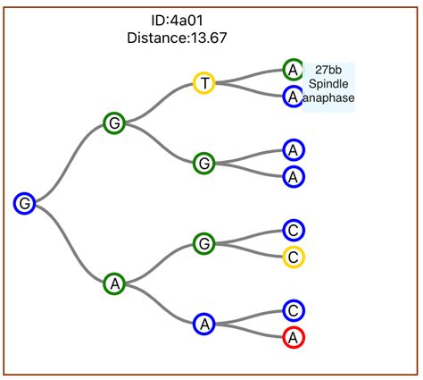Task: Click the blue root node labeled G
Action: pos(25,204)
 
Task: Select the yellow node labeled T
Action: pos(204,83)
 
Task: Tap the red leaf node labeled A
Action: pos(294,337)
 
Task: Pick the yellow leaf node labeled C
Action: pos(294,257)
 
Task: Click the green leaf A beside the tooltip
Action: pos(293,70)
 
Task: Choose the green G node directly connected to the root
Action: pos(113,123)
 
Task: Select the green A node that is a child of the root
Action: pos(113,284)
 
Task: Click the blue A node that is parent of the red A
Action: pos(204,324)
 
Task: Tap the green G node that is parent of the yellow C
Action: pos(204,243)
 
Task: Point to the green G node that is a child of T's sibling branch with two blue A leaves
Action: pos(204,163)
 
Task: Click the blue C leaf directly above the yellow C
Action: pos(294,231)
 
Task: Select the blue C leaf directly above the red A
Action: pos(294,310)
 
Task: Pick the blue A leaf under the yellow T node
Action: pos(293,97)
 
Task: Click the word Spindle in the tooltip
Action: pos(329,84)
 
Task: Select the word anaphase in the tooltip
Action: pos(329,98)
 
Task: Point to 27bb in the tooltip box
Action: pos(329,70)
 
